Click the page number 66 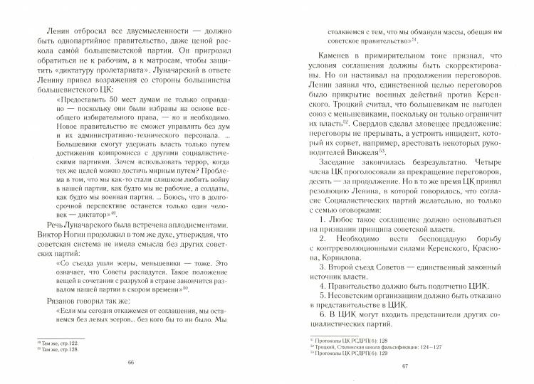pos(131,361)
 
